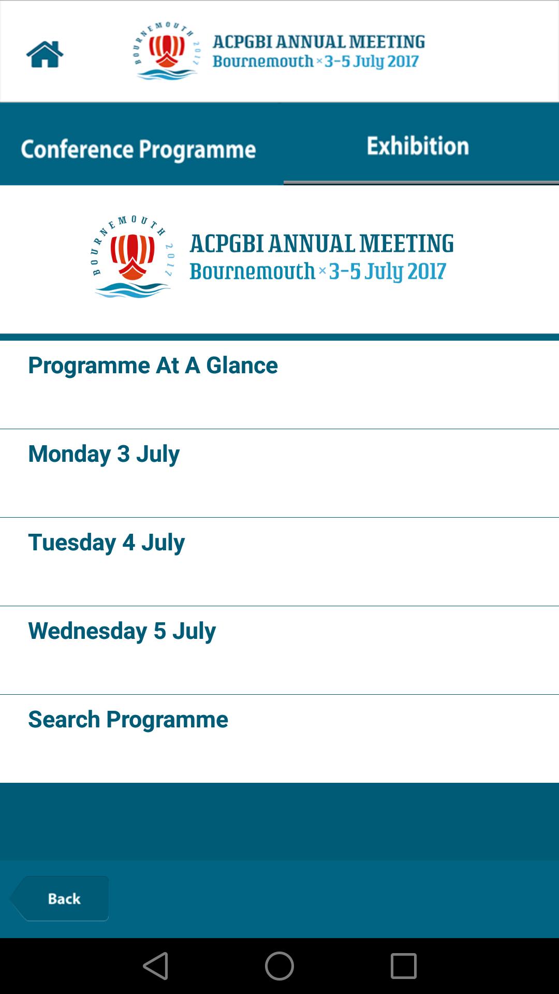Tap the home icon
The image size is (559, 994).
tap(45, 54)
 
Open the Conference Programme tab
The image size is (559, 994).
tap(138, 149)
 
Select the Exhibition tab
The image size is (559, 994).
tap(418, 146)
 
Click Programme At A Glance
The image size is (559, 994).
tap(153, 366)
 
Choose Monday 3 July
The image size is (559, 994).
tap(104, 454)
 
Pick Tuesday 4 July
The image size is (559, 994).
tap(106, 543)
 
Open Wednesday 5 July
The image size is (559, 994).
tap(122, 631)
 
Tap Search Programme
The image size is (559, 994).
tap(128, 720)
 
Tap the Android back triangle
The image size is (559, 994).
tap(156, 966)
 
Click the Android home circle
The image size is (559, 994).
tap(279, 966)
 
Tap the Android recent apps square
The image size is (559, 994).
tap(403, 966)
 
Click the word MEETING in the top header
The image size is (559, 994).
tap(387, 41)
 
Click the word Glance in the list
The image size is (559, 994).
tap(242, 366)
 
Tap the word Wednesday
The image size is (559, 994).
tap(87, 631)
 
